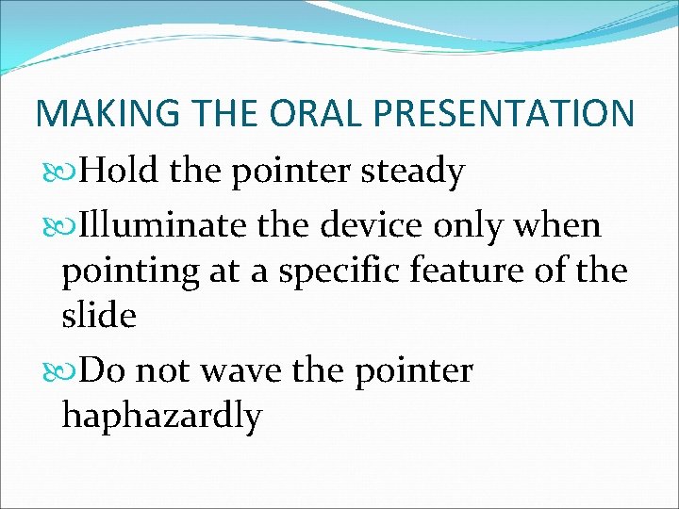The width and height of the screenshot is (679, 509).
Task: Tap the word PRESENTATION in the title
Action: pos(505,113)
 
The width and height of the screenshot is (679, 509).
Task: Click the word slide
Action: pos(99,316)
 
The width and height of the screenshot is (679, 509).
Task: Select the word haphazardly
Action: pos(161,417)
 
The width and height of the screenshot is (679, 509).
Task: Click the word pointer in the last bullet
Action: pos(415,371)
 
